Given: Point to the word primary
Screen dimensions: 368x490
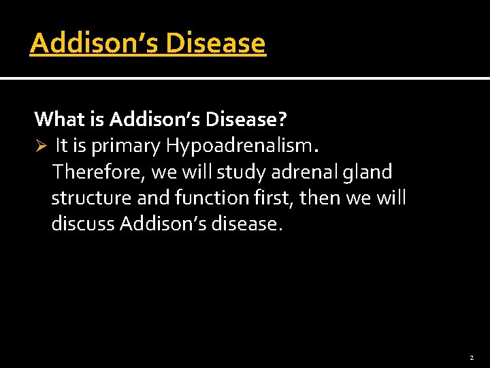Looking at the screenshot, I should click(128, 145).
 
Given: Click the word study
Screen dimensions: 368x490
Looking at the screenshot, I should click(240, 172).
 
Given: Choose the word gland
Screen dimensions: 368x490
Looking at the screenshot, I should click(368, 172).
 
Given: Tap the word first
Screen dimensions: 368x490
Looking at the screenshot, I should click(276, 198).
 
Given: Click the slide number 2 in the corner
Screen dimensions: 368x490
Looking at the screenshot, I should click(470, 358).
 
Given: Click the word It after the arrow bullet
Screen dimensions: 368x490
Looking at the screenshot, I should click(61, 145).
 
